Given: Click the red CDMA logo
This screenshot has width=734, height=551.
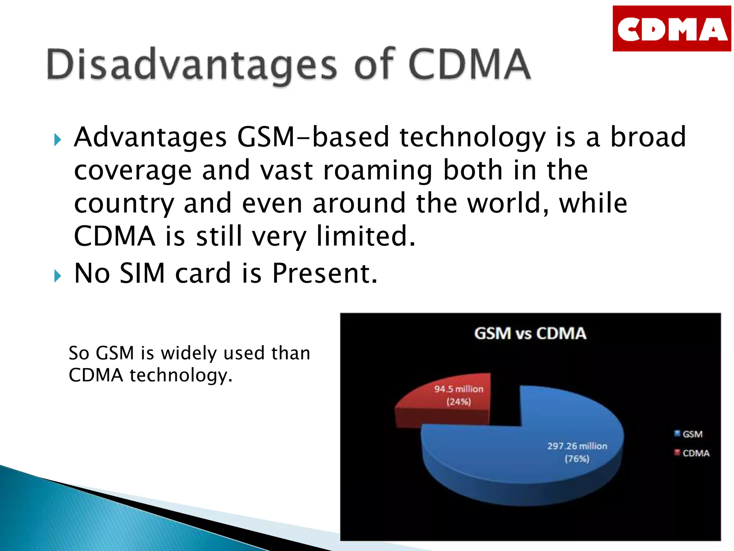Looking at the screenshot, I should coord(671,29).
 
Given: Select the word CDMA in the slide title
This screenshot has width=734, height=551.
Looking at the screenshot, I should coord(469,65).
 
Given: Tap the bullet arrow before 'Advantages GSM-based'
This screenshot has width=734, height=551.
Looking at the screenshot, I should coord(58,140).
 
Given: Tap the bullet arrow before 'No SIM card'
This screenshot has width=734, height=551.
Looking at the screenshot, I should coord(58,276).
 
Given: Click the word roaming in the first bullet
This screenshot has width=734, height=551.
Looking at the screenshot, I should coord(378,170).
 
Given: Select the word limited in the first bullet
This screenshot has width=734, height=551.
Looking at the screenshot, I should coord(366,236).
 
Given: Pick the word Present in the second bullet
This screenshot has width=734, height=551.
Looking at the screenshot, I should coord(325,273).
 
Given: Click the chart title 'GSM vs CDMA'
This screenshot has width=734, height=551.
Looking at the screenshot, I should coord(530,333).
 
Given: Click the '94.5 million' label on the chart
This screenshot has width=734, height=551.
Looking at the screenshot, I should coord(459,389).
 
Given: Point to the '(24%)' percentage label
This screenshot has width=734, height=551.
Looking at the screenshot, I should coord(458,401).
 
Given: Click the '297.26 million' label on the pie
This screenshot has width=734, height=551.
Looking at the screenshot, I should coord(577,446).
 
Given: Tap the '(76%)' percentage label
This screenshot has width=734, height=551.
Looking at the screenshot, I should coord(577,459).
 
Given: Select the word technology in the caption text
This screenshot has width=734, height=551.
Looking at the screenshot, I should coord(181,376).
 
